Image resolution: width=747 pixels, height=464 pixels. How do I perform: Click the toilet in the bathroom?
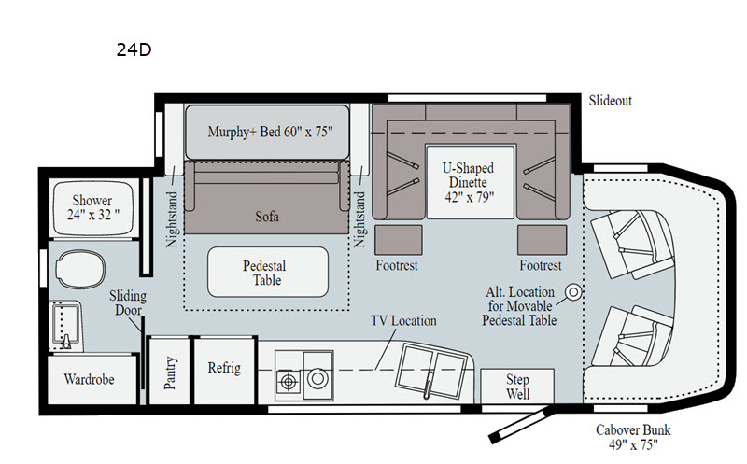(80, 270)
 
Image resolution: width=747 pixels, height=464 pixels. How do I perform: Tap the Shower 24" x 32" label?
(92, 207)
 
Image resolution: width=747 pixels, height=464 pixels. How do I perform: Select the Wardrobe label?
(89, 380)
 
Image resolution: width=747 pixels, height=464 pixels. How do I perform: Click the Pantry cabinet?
(169, 371)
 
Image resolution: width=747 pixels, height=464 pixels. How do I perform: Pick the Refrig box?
(224, 371)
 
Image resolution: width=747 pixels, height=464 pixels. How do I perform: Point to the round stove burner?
(317, 379)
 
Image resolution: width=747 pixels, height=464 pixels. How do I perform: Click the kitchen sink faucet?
(430, 384)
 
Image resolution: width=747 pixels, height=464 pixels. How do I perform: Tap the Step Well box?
(517, 387)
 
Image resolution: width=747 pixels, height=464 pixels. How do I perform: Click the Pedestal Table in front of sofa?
(268, 272)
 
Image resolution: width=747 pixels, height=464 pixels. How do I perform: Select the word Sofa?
(267, 217)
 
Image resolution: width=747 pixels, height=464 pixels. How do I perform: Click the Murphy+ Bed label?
(270, 132)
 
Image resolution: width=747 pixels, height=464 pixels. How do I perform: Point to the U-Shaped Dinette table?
(471, 182)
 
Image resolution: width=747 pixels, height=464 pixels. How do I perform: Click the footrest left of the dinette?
(399, 240)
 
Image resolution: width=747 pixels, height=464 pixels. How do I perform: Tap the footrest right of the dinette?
(543, 240)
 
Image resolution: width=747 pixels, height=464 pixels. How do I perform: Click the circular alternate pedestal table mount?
(573, 291)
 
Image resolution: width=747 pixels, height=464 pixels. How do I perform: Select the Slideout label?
(611, 101)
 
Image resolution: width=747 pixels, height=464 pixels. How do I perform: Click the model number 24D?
(134, 50)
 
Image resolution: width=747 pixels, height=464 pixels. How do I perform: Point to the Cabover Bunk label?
(633, 437)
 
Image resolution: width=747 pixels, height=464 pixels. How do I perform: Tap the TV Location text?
(403, 320)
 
